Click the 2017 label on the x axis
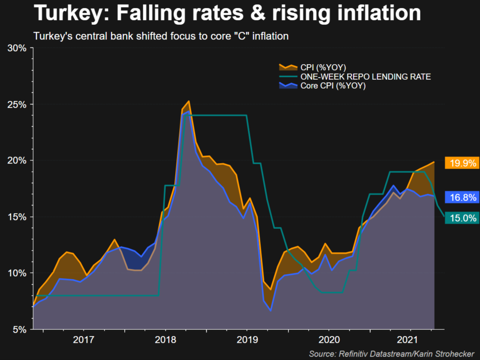pyautogui.click(x=84, y=340)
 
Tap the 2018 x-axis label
pyautogui.click(x=165, y=340)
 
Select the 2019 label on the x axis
pyautogui.click(x=247, y=340)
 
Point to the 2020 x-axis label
pyautogui.click(x=328, y=340)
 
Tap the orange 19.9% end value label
pyautogui.click(x=461, y=163)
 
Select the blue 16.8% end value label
pyautogui.click(x=461, y=197)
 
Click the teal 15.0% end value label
pyautogui.click(x=461, y=218)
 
